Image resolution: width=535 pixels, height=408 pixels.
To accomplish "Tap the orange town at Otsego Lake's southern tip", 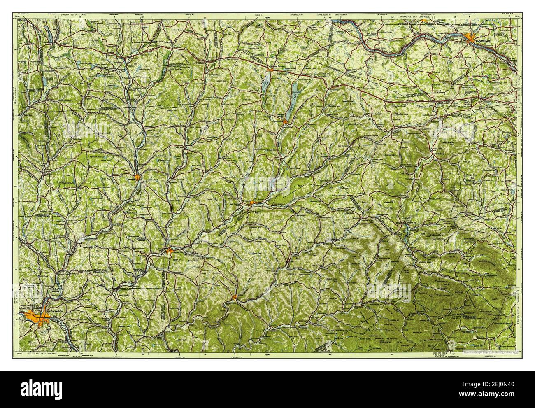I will [x=285, y=121].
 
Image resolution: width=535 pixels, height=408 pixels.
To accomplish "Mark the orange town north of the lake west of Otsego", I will [x=268, y=71].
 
